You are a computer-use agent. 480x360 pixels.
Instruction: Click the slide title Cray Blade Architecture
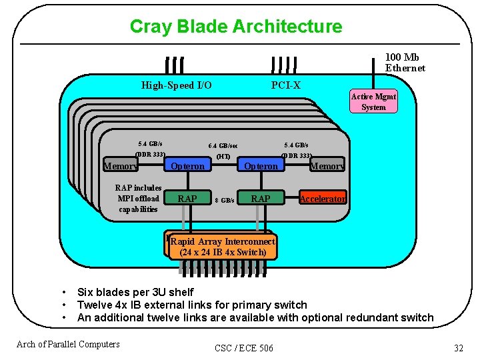tap(235, 27)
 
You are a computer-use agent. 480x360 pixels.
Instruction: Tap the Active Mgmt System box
tap(373, 102)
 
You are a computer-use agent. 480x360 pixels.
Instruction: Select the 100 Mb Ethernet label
tap(405, 63)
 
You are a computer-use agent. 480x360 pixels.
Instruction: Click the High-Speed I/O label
tap(177, 85)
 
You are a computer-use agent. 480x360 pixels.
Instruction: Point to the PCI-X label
tap(285, 85)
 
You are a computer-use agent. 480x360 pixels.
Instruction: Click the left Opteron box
tap(188, 166)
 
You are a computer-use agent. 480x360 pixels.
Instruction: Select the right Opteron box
tap(261, 166)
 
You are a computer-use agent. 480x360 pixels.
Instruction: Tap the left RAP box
tap(187, 199)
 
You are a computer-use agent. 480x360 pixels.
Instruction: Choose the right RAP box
tap(260, 199)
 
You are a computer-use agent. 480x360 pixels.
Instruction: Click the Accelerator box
tap(323, 199)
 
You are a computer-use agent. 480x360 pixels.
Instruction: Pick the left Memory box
tap(121, 167)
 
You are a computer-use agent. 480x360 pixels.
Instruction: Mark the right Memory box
tap(327, 166)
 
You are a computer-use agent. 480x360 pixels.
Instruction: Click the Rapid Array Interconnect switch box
tap(223, 247)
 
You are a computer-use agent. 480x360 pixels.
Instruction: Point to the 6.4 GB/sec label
tap(223, 145)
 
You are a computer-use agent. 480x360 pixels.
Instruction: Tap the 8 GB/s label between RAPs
tap(224, 200)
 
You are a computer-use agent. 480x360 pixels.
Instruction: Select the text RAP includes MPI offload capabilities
tap(139, 198)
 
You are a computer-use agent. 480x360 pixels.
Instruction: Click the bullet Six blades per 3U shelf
tap(135, 292)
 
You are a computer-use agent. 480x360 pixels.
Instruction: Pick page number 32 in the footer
tap(458, 348)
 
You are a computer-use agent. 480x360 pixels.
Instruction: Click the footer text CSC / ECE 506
tap(244, 348)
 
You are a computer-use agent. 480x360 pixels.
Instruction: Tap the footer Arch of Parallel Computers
tap(68, 344)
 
